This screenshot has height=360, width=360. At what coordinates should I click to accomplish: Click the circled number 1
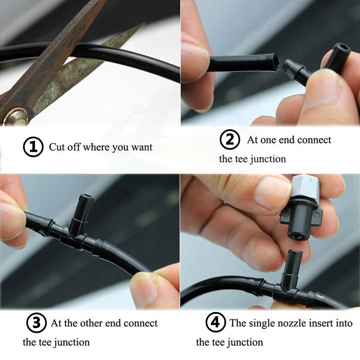point(33,147)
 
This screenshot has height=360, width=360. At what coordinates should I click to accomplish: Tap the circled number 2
point(230,139)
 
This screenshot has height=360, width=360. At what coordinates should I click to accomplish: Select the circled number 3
point(37,323)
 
